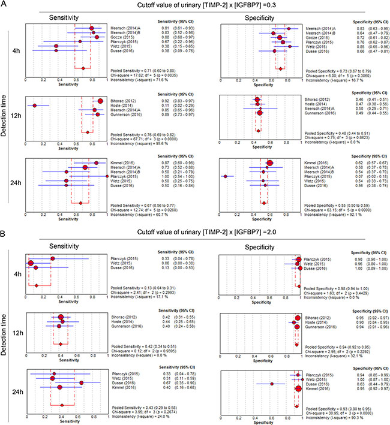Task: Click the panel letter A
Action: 4,4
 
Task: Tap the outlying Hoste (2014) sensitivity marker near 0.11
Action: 35,105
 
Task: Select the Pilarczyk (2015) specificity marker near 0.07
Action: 225,176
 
